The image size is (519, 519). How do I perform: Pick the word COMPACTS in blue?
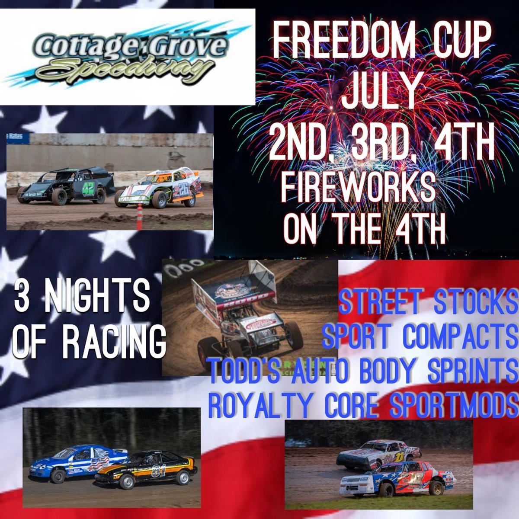460,338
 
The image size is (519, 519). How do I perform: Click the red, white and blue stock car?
397,479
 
